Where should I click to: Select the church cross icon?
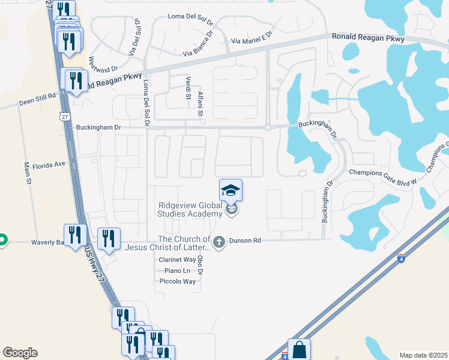point(219,242)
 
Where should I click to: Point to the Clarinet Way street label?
point(177,260)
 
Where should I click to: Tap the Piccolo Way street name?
point(177,281)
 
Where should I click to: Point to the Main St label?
point(27,174)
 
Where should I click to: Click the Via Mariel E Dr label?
point(252,38)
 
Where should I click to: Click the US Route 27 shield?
point(64,116)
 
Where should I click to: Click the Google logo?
point(20,353)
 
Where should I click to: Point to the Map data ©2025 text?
point(423,355)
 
